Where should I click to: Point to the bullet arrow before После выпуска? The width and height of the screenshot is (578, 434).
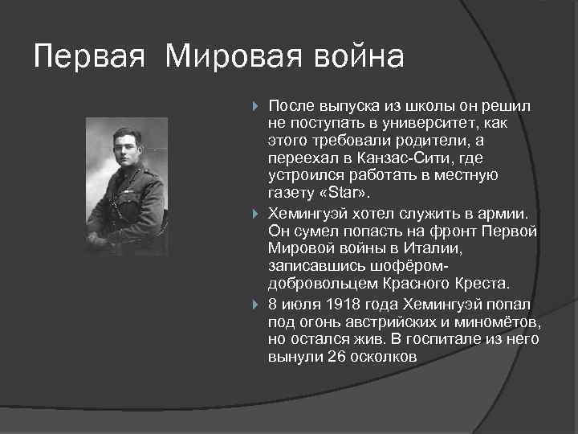(x=255, y=107)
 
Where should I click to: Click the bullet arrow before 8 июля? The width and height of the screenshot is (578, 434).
(x=255, y=303)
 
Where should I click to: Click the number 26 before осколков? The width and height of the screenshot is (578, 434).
(x=336, y=357)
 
